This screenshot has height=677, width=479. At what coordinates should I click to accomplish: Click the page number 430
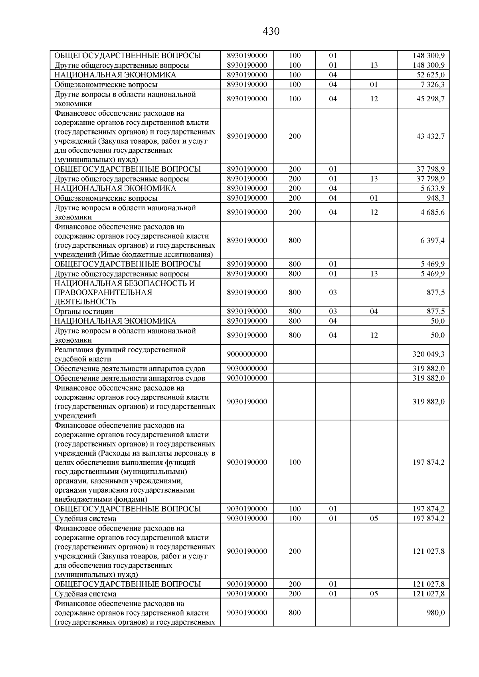(271, 32)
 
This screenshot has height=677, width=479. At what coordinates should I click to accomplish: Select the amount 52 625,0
(431, 75)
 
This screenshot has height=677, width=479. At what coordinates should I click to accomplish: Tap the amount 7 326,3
(432, 85)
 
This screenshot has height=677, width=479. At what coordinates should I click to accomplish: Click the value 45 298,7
(431, 99)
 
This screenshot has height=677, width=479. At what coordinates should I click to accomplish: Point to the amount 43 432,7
(430, 136)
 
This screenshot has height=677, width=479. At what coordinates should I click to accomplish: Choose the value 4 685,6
(432, 212)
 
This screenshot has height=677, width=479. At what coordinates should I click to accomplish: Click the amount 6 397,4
(432, 241)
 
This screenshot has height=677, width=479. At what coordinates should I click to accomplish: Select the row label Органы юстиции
(84, 312)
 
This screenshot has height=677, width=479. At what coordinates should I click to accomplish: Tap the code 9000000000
(247, 354)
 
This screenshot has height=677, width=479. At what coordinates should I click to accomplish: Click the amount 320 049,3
(428, 354)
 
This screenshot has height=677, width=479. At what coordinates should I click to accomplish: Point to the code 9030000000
(247, 368)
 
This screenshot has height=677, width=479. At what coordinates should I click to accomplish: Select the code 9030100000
(247, 378)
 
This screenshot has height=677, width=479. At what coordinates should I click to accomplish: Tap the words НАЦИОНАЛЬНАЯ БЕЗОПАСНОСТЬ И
(125, 283)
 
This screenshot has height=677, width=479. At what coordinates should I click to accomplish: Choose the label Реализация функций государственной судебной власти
(120, 354)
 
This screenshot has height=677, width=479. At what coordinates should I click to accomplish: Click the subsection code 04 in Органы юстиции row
(374, 312)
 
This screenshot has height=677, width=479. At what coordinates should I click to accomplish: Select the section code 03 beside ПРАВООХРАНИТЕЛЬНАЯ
(333, 292)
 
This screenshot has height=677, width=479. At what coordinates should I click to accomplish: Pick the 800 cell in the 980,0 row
(295, 613)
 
